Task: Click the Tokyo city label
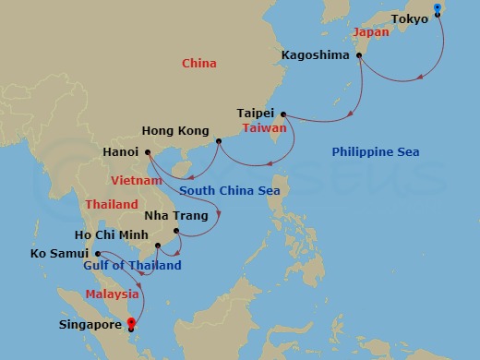click(409, 19)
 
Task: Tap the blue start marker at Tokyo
click(438, 9)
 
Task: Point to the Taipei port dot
click(282, 114)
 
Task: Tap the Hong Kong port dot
click(219, 141)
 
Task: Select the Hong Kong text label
click(174, 132)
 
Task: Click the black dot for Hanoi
click(148, 151)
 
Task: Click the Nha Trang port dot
click(178, 232)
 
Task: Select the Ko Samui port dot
click(98, 252)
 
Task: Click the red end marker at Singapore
click(131, 323)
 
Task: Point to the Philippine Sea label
click(376, 151)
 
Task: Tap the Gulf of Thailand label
click(132, 266)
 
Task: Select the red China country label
click(198, 64)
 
